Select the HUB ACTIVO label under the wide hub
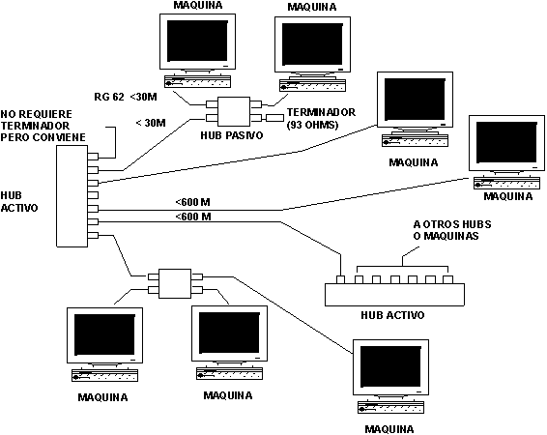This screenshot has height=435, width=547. [390, 316]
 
